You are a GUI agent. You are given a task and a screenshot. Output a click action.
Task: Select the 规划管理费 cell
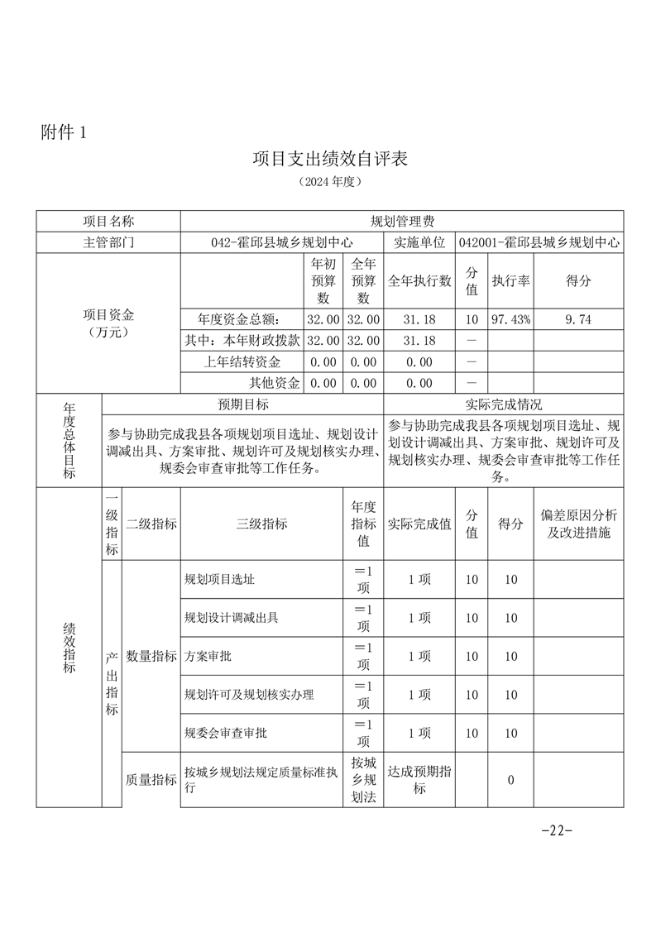[402, 222]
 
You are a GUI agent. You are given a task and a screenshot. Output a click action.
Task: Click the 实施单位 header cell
[418, 243]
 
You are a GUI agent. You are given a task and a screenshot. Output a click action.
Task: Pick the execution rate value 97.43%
[510, 319]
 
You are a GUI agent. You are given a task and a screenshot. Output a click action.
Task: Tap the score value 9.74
[578, 319]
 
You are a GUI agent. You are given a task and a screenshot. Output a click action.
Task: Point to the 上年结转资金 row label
[242, 362]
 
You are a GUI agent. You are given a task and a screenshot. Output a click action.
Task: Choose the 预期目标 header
[242, 404]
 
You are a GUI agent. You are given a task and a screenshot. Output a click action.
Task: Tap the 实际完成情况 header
[504, 404]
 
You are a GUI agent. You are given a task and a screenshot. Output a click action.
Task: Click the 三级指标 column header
[261, 524]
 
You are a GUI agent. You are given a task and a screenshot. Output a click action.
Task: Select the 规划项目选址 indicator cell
[220, 580]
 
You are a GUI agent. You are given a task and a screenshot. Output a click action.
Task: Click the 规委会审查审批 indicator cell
[226, 733]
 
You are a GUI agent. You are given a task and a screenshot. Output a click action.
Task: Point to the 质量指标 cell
[151, 779]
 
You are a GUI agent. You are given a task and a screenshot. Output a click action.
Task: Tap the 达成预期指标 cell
[419, 780]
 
